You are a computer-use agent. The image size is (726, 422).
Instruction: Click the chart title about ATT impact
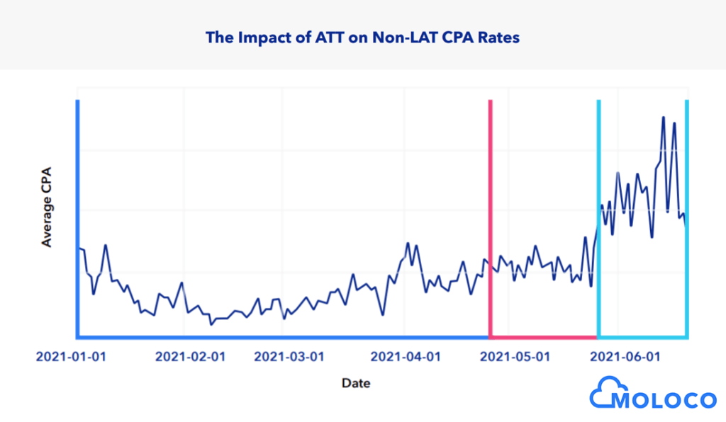pyautogui.click(x=362, y=38)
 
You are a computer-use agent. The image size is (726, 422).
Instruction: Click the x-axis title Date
pyautogui.click(x=355, y=383)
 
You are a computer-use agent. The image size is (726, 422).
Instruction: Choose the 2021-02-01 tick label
pyautogui.click(x=190, y=356)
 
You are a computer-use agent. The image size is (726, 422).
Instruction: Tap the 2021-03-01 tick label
pyautogui.click(x=289, y=356)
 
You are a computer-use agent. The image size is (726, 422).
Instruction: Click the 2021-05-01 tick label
pyautogui.click(x=515, y=356)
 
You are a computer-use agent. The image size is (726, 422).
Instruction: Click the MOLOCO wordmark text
pyautogui.click(x=664, y=400)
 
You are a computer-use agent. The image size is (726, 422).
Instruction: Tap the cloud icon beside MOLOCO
pyautogui.click(x=603, y=394)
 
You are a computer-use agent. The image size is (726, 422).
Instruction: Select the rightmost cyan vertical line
pyautogui.click(x=686, y=212)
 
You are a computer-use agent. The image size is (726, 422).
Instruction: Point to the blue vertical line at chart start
pyautogui.click(x=77, y=212)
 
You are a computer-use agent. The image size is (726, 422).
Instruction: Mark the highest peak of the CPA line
pyautogui.click(x=663, y=118)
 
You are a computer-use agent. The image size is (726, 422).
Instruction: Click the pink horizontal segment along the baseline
pyautogui.click(x=544, y=336)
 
